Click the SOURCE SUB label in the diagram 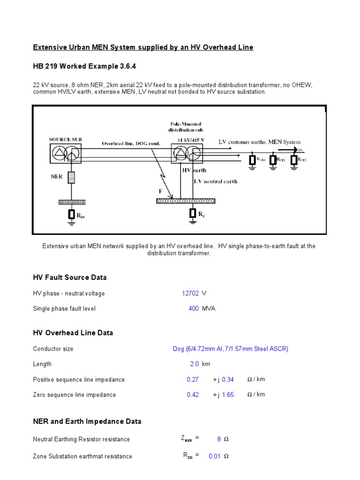[65, 139]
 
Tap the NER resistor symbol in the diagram [71, 177]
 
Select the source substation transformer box [65, 153]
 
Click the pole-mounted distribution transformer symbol [187, 153]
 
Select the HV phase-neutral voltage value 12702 [190, 293]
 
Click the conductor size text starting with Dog [231, 349]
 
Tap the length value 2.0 [194, 364]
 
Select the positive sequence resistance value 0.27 [193, 380]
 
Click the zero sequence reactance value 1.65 [228, 395]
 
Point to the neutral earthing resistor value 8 [219, 439]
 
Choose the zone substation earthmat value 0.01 [215, 456]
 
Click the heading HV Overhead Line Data [73, 333]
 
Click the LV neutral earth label [216, 181]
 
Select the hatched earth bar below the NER [72, 202]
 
